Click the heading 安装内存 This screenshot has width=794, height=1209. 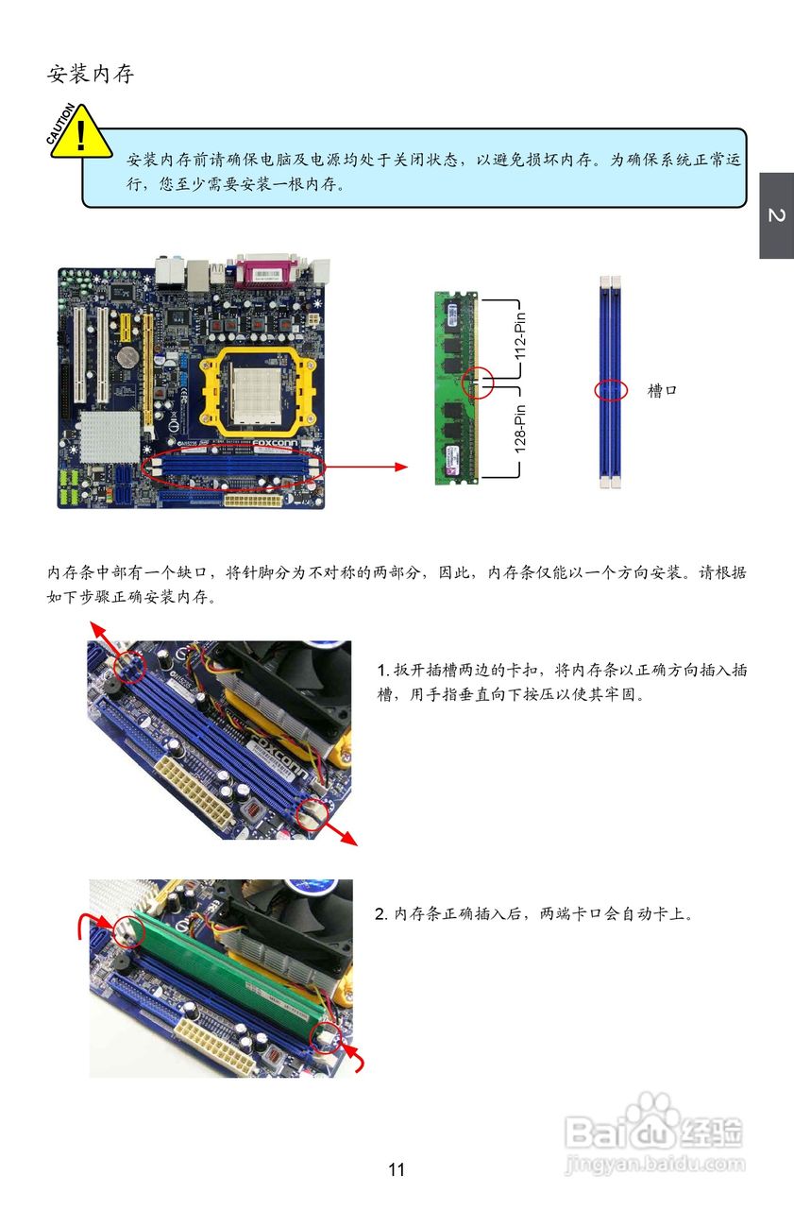point(90,74)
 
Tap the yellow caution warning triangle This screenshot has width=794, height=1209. point(81,132)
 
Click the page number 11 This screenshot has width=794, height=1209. point(397,1169)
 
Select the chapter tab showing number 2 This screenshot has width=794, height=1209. point(776,216)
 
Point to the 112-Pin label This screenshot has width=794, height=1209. point(520,335)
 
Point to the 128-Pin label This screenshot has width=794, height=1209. point(520,429)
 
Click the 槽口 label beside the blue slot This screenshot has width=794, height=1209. point(662,390)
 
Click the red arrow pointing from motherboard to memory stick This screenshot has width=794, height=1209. point(367,467)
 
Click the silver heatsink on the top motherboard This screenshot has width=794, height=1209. point(110,436)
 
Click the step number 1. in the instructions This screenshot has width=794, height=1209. point(383,671)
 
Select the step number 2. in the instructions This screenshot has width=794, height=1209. point(380,913)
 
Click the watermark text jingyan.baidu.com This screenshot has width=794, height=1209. point(655,1164)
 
